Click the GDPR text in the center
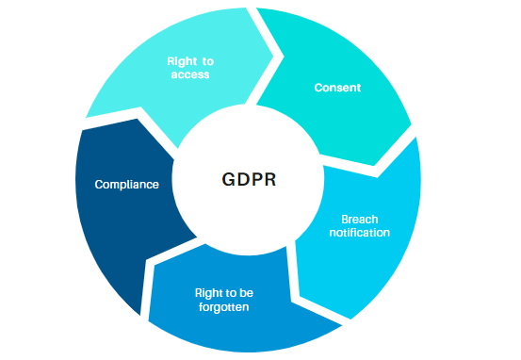pyautogui.click(x=249, y=179)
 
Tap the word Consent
pyautogui.click(x=337, y=88)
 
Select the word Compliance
pyautogui.click(x=126, y=184)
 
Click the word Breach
pyautogui.click(x=360, y=220)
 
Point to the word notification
pyautogui.click(x=360, y=233)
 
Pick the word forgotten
pyautogui.click(x=223, y=307)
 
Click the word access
pyautogui.click(x=190, y=74)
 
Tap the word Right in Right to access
pyautogui.click(x=182, y=61)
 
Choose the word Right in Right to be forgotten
pyautogui.click(x=209, y=293)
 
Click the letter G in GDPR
pyautogui.click(x=228, y=179)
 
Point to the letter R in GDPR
pyautogui.click(x=270, y=179)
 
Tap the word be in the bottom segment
pyautogui.click(x=246, y=293)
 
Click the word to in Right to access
pyautogui.click(x=208, y=61)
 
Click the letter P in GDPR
pyautogui.click(x=256, y=179)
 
